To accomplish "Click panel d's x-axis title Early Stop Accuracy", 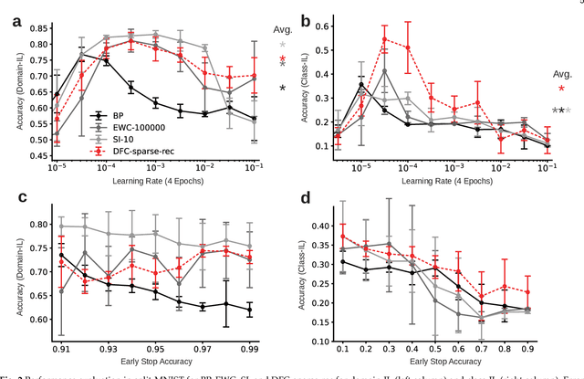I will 438,363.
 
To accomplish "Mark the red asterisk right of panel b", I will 561,89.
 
